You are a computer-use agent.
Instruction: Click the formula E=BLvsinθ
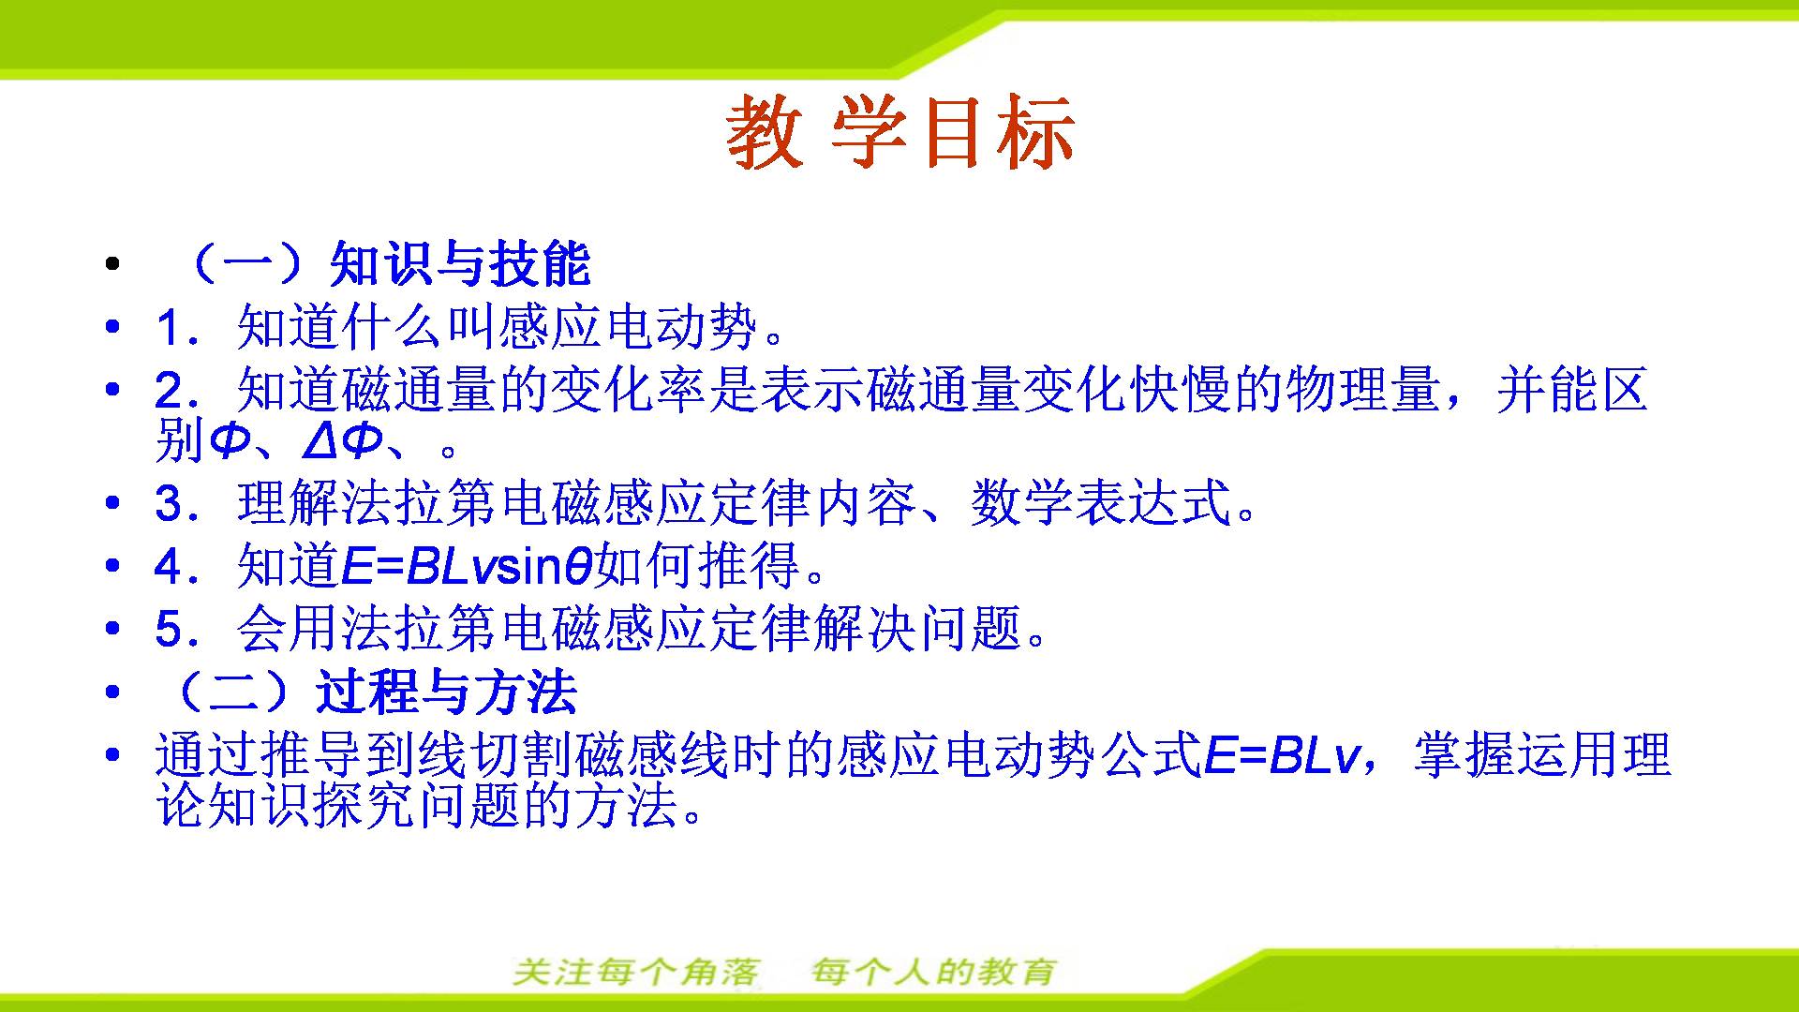pyautogui.click(x=466, y=566)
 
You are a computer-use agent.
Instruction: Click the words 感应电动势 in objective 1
pyautogui.click(x=628, y=328)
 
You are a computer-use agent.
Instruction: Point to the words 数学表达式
pyautogui.click(x=1099, y=503)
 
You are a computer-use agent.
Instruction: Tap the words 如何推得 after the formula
pyautogui.click(x=698, y=565)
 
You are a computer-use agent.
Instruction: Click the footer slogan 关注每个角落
pyautogui.click(x=636, y=972)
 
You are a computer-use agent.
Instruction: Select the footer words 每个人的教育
pyautogui.click(x=933, y=972)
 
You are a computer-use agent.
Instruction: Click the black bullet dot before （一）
pyautogui.click(x=113, y=265)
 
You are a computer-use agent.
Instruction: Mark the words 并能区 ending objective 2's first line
pyautogui.click(x=1571, y=390)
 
